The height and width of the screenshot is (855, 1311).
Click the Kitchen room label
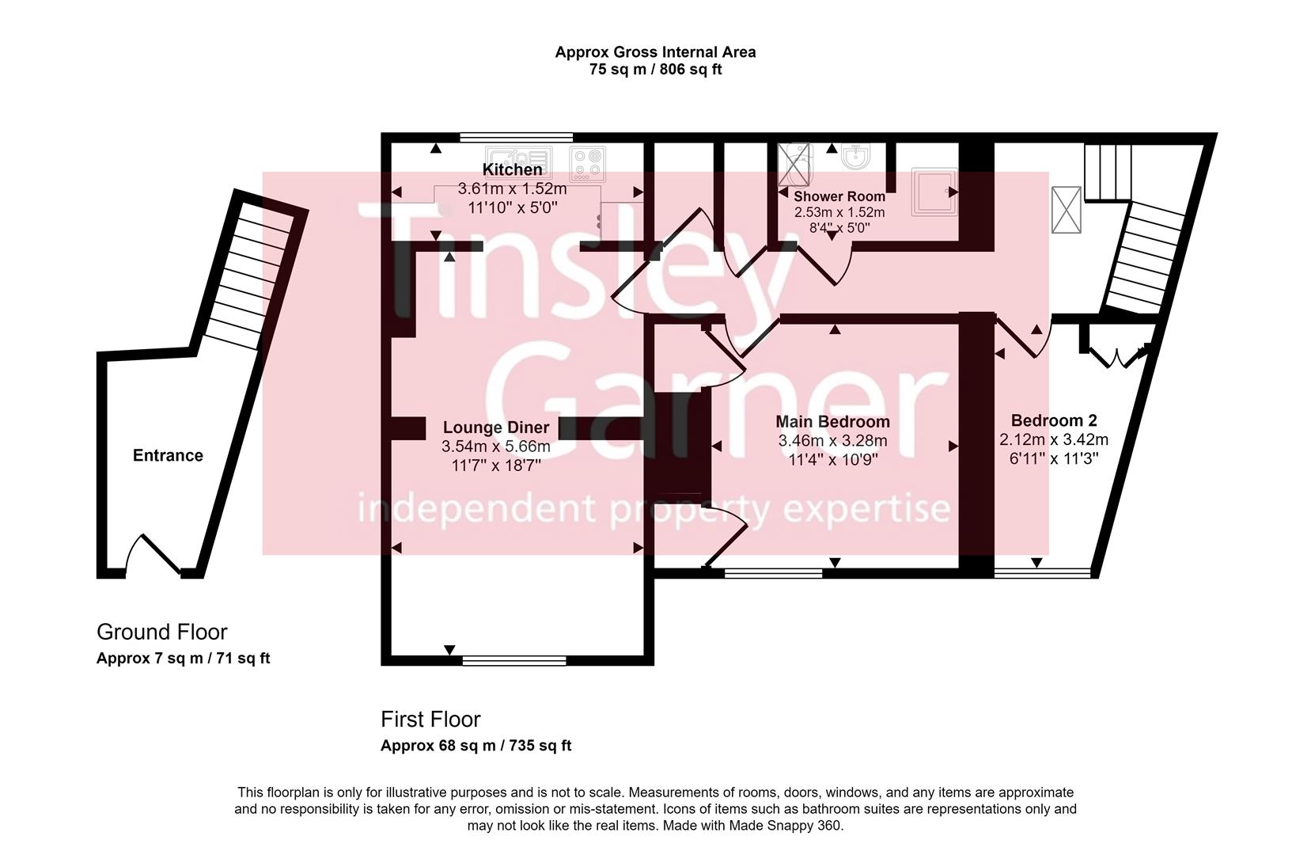pos(513,169)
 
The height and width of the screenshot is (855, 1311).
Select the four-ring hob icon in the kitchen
pos(588,162)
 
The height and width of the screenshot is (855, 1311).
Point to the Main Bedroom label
pos(832,422)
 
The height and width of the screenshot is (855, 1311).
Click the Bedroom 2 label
pos(1054,420)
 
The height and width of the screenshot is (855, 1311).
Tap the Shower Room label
pos(839,196)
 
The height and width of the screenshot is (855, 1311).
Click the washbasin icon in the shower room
pos(855,156)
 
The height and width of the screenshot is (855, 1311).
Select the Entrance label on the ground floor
pos(168,455)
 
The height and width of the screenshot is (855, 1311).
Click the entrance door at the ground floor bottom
pos(155,556)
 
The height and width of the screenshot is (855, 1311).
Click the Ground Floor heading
pos(161,632)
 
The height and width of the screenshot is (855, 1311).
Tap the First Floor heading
pos(430,720)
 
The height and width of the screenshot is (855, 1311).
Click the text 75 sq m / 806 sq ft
pos(655,70)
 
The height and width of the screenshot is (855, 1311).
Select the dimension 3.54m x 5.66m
pos(495,446)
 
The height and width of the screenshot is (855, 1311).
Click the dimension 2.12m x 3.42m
pos(1054,440)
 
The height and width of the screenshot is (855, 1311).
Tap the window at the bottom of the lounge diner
pos(514,659)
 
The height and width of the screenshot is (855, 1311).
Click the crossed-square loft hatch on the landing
pos(1066,210)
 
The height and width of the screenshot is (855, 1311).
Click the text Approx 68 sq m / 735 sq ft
pos(476,746)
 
